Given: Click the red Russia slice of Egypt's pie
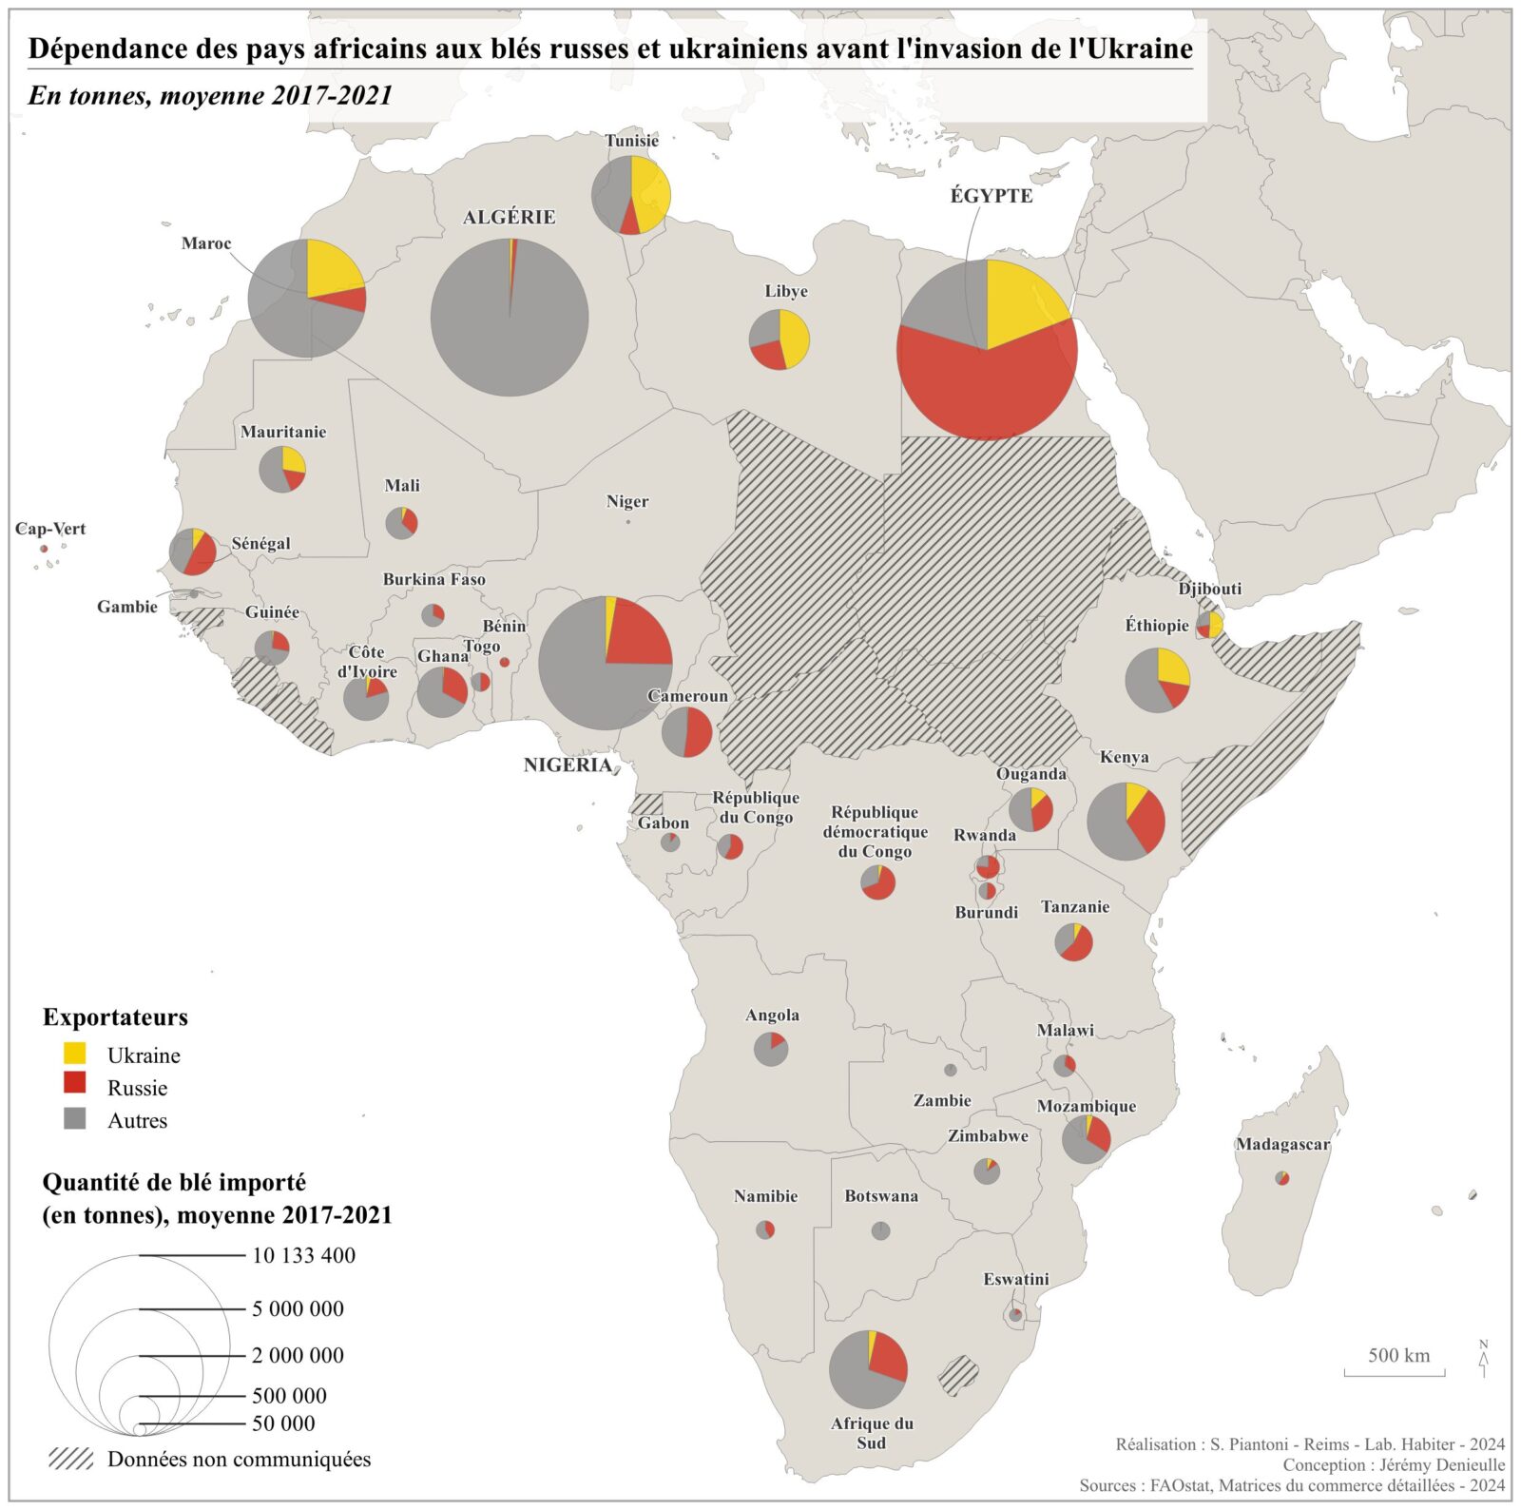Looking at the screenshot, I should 989,390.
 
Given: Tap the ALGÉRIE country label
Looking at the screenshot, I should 509,218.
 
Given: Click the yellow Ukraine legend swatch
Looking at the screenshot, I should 74,1054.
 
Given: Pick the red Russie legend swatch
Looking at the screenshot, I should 74,1086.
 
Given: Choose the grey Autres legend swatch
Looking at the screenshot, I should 74,1118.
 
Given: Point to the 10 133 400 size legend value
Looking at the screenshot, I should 303,1255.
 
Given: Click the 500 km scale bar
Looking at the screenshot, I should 1395,1371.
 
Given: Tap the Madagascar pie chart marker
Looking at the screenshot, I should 1282,1179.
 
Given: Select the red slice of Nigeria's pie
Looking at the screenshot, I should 634,635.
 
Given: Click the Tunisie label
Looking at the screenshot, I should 631,141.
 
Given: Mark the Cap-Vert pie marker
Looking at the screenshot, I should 44,549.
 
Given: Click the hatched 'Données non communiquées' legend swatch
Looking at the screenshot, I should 71,1459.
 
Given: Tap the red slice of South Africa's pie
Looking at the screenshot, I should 886,1357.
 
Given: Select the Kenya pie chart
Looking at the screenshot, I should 1126,822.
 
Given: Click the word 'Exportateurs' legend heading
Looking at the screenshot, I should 115,1017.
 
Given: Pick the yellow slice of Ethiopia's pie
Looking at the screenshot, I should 1172,668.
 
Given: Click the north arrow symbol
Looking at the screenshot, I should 1483,1359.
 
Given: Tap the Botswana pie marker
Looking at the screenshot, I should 880,1230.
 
